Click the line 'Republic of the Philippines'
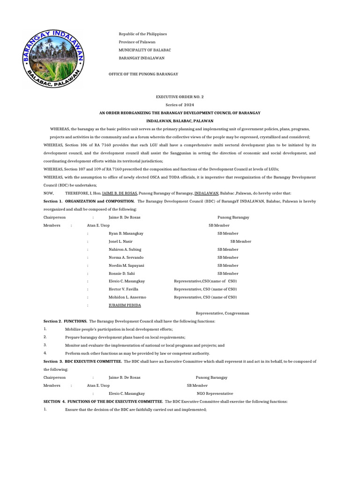142,34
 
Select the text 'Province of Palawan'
137,42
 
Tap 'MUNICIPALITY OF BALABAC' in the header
145,50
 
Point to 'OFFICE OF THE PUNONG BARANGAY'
143,74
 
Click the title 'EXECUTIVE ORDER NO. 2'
180,97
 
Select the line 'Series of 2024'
180,105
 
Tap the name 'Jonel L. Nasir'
120,241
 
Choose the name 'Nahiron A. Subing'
125,249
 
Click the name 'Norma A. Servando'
126,257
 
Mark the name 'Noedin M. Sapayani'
126,265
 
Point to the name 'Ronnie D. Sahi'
121,273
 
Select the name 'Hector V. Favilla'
123,289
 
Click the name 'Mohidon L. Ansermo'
127,297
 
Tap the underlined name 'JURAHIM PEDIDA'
124,305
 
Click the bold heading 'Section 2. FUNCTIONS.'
65,321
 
